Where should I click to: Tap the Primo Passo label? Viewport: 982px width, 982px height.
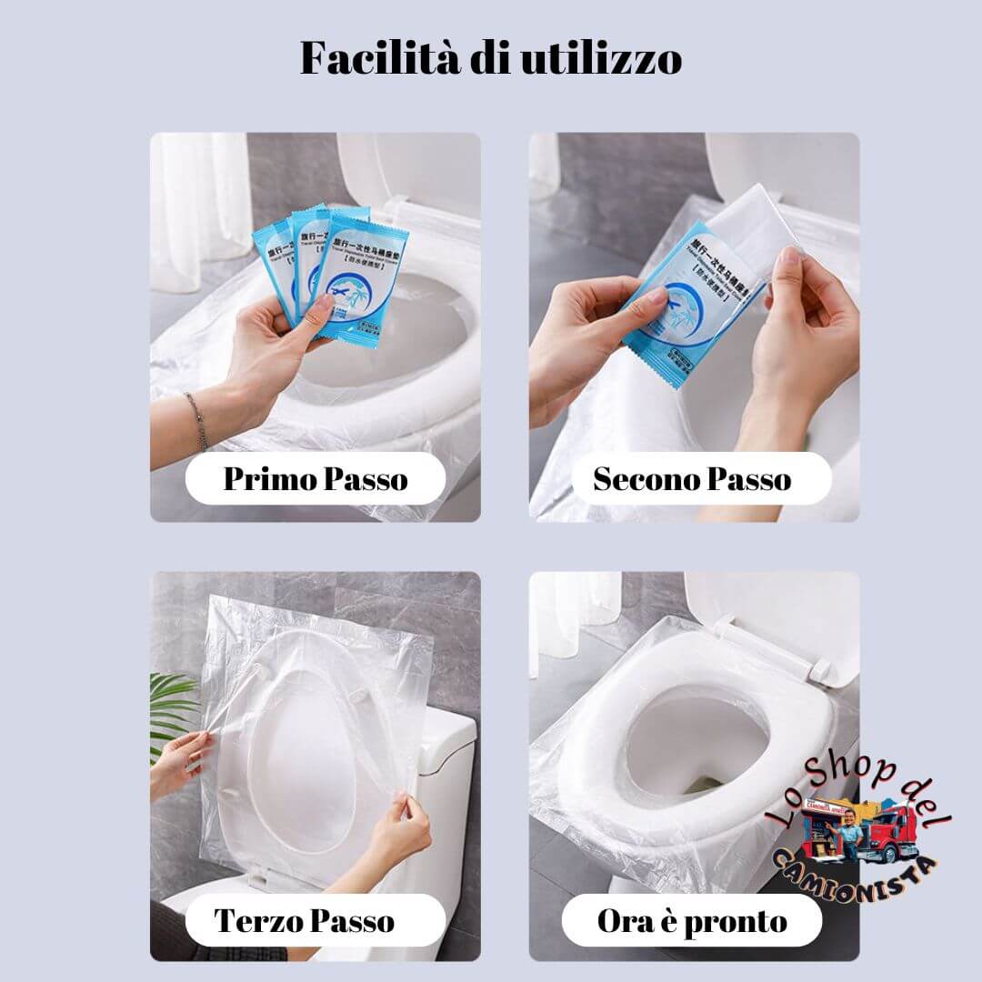pos(316,478)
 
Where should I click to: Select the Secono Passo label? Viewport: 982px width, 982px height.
pos(692,478)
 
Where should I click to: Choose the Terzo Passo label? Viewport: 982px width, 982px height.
pos(305,920)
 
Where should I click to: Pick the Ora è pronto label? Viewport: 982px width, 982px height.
pos(692,920)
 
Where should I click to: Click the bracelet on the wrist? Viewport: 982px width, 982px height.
pos(196,420)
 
